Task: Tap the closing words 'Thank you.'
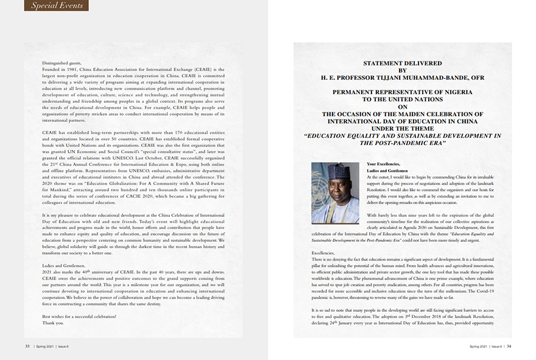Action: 52,323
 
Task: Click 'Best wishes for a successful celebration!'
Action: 79,317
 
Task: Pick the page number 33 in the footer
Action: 27,346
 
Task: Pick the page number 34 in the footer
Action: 509,346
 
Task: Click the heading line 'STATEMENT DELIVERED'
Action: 401,63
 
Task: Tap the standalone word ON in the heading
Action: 401,106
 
